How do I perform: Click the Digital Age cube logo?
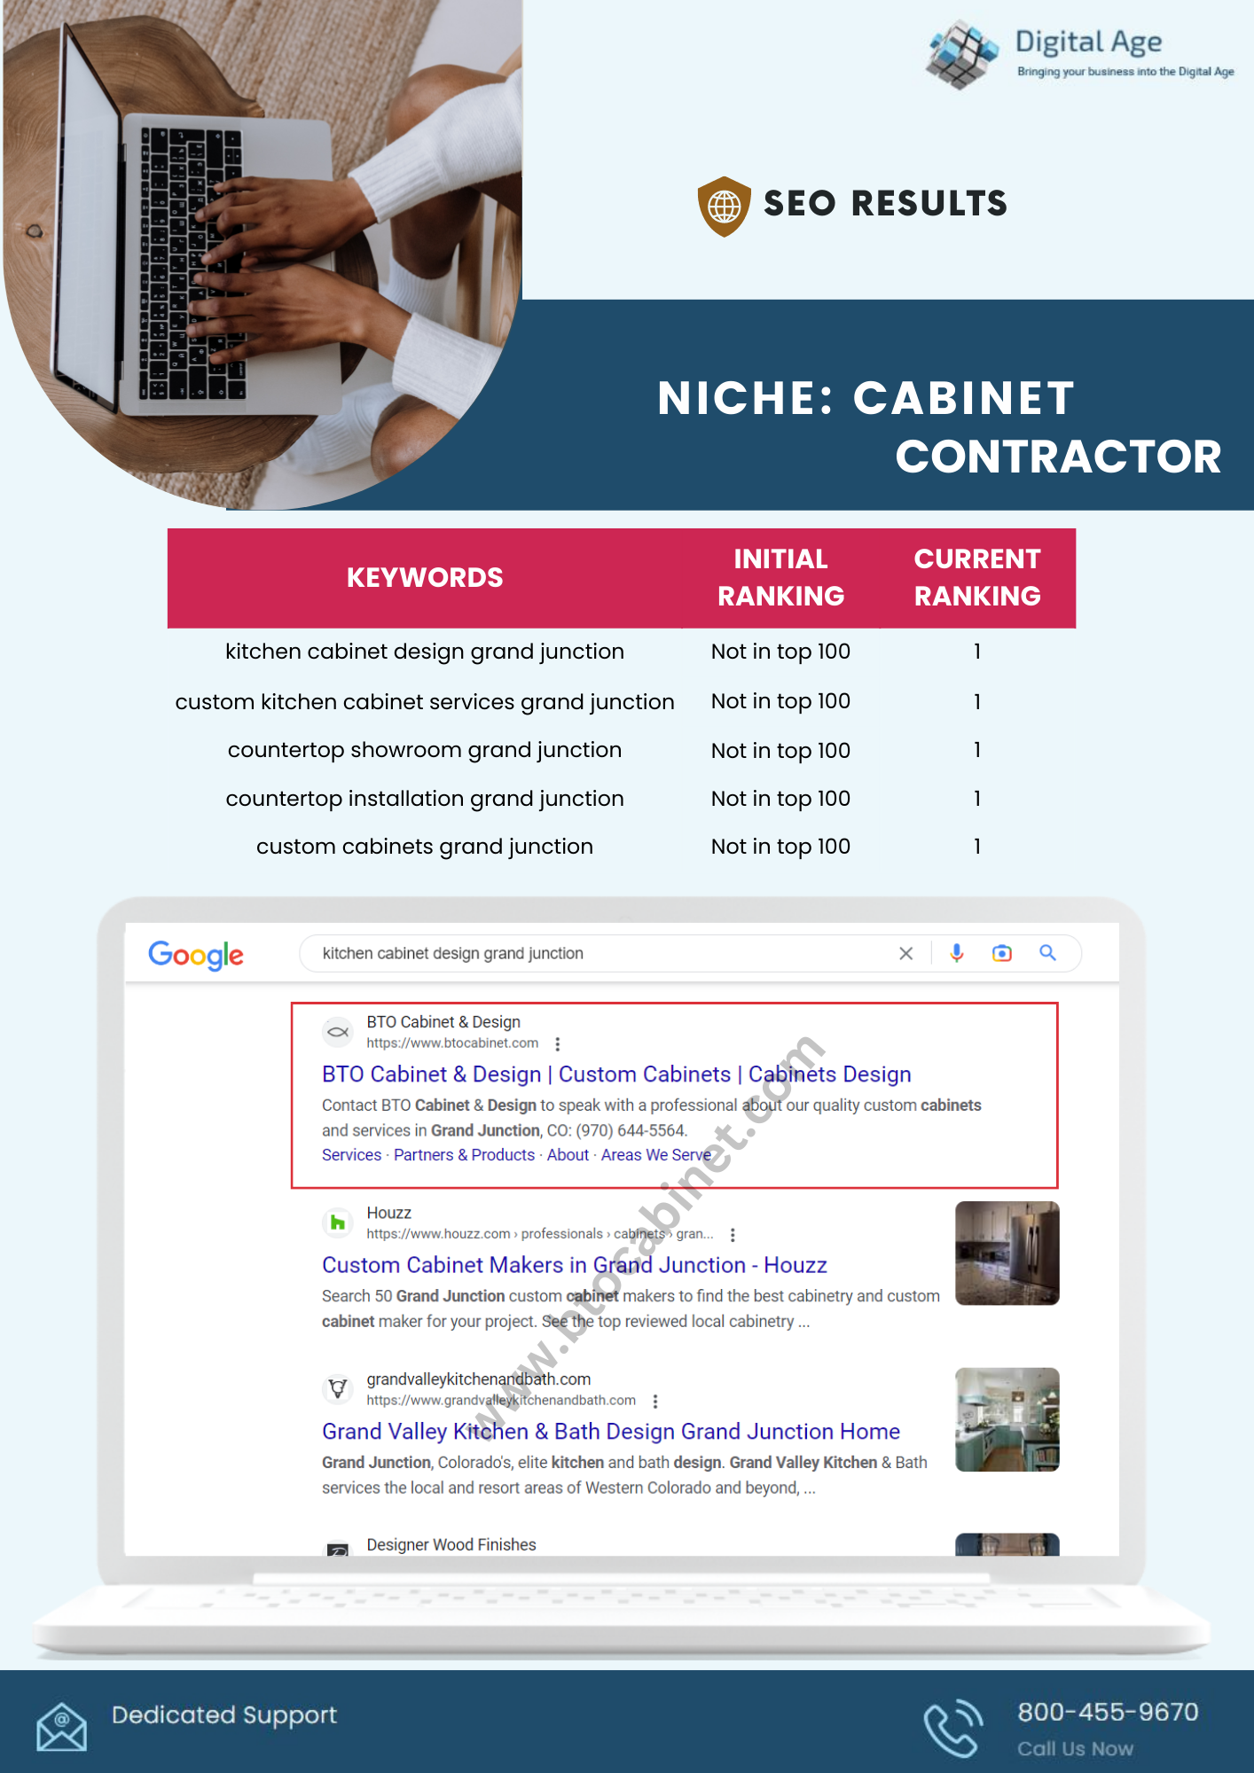(961, 54)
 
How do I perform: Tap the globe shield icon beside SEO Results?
(724, 206)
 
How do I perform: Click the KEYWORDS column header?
(425, 578)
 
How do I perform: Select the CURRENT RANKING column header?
(977, 578)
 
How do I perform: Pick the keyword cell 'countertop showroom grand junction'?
(425, 750)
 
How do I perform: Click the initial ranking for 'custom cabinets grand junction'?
(780, 847)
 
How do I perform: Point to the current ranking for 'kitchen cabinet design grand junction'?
(977, 652)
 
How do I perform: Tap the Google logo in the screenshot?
(196, 955)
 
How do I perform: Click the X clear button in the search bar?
(905, 954)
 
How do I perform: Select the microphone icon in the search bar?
(957, 954)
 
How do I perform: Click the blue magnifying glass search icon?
(1047, 953)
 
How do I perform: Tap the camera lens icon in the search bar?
(1002, 954)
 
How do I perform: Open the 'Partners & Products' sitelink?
(464, 1155)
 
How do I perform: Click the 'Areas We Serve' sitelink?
(655, 1155)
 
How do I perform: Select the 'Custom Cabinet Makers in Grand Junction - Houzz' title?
(574, 1265)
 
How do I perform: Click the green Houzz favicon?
(337, 1223)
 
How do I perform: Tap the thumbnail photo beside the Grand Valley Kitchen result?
(1007, 1419)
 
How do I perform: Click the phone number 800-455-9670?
(1108, 1712)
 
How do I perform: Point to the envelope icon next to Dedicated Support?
(61, 1726)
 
